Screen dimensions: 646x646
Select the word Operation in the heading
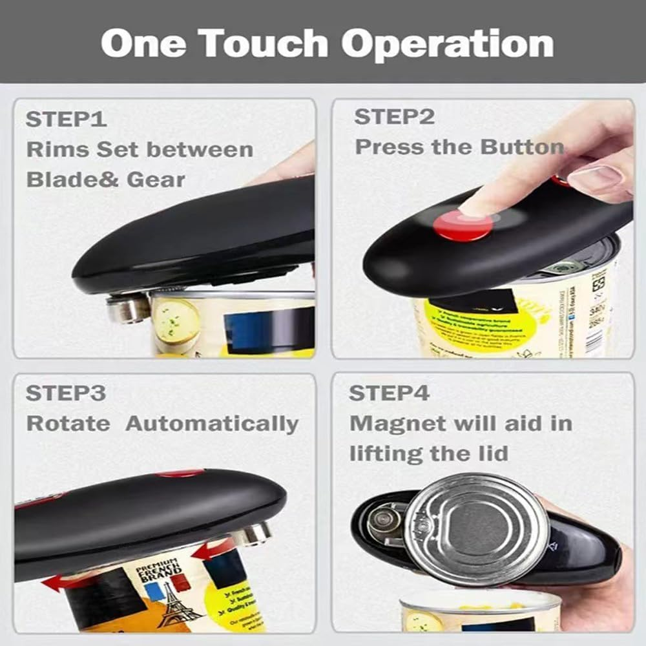[447, 43]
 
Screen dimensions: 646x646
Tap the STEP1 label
[66, 120]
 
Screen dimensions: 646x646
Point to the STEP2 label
[394, 117]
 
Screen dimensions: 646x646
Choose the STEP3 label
[66, 393]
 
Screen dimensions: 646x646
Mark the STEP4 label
[390, 393]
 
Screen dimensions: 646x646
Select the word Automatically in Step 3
[212, 424]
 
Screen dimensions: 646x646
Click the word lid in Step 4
[494, 453]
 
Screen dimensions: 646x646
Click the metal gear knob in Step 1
[127, 308]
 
